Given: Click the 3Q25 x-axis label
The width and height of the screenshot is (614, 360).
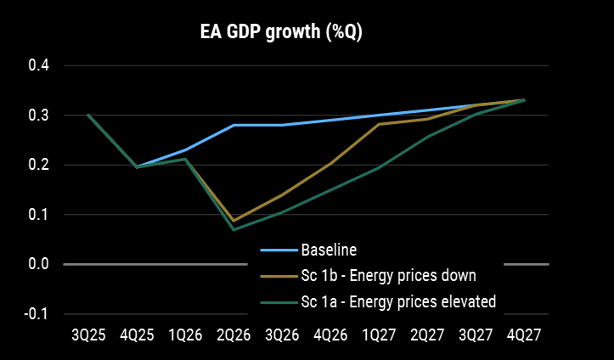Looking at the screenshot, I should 88,335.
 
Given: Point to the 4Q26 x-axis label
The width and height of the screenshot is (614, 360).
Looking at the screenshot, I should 330,335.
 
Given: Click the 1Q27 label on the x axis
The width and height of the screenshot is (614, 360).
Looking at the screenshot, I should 378,335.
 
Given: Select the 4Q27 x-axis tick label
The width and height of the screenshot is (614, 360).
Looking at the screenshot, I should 523,335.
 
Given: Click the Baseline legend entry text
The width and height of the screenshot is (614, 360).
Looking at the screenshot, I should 327,250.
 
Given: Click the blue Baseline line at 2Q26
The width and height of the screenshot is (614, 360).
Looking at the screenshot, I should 234,125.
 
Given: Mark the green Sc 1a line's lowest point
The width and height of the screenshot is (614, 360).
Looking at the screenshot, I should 234,229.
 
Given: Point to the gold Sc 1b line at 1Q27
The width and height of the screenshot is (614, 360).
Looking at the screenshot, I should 378,124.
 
